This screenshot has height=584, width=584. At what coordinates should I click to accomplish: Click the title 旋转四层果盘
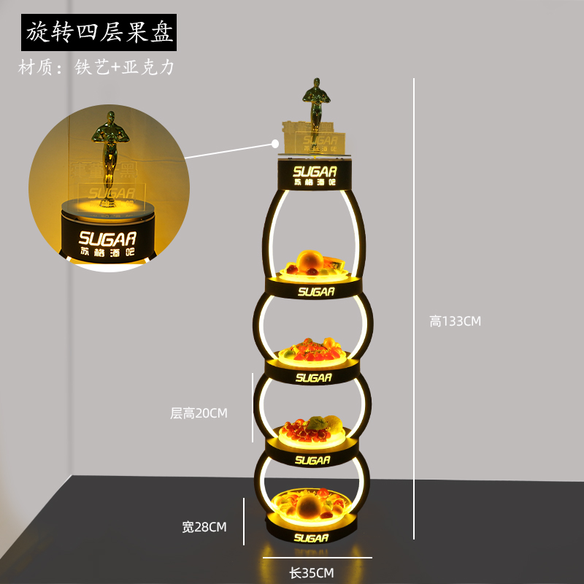pyautogui.click(x=98, y=32)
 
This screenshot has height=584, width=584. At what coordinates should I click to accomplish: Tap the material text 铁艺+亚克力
pyautogui.click(x=97, y=68)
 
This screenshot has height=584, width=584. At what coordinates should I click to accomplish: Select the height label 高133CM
pyautogui.click(x=455, y=320)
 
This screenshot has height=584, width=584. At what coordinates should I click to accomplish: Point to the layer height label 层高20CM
pyautogui.click(x=199, y=413)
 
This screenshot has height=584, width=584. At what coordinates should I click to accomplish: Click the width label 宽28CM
pyautogui.click(x=204, y=526)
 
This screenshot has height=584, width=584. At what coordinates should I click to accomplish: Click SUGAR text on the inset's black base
pyautogui.click(x=107, y=238)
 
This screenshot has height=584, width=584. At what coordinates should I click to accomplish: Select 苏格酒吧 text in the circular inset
pyautogui.click(x=107, y=252)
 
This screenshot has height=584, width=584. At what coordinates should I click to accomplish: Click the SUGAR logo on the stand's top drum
pyautogui.click(x=315, y=172)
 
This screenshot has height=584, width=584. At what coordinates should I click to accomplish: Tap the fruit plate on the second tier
pyautogui.click(x=315, y=349)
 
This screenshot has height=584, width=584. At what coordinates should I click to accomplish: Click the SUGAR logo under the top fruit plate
pyautogui.click(x=316, y=292)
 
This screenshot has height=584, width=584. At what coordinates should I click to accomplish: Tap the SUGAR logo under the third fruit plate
pyautogui.click(x=314, y=461)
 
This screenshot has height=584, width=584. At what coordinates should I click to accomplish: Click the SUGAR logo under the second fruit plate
pyautogui.click(x=314, y=377)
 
